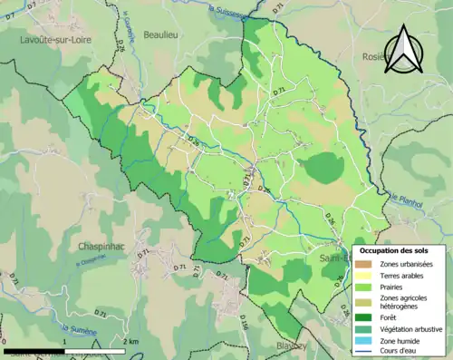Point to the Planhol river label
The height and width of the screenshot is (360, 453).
pos(408,207)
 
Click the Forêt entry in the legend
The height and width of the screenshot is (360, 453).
pos(391,316)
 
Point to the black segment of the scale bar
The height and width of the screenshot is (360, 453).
pos(34,350)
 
